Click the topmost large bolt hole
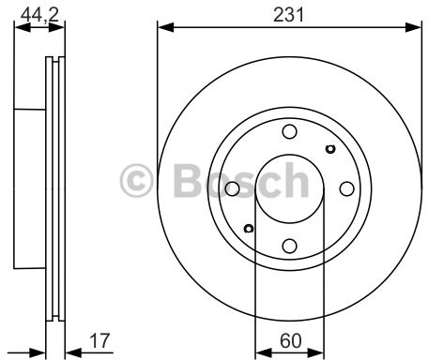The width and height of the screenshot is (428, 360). click(x=289, y=131)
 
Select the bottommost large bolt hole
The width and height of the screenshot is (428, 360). click(x=289, y=246)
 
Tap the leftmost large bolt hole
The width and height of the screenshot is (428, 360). click(x=232, y=188)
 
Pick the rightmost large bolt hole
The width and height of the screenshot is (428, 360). click(x=346, y=188)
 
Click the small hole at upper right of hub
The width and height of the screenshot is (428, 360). click(x=329, y=148)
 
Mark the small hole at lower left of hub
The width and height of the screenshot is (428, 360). click(x=249, y=229)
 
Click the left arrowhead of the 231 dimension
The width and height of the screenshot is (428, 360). click(x=162, y=27)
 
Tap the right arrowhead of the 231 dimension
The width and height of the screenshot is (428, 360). click(x=416, y=27)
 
